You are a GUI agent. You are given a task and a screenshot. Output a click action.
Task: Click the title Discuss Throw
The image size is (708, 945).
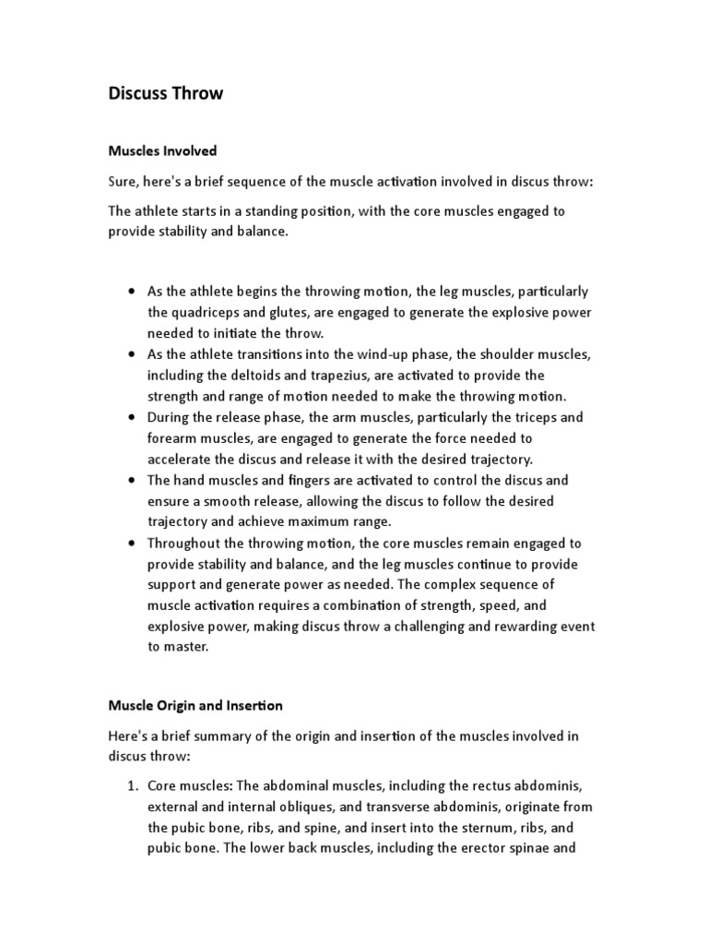165,94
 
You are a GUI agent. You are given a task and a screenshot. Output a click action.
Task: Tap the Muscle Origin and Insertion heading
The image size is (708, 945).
195,705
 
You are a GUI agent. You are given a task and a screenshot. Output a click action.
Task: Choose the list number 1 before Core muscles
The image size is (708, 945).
132,785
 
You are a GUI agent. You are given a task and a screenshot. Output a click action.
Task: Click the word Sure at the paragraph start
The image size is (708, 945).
124,182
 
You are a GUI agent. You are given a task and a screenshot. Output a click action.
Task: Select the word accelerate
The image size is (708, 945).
184,460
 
